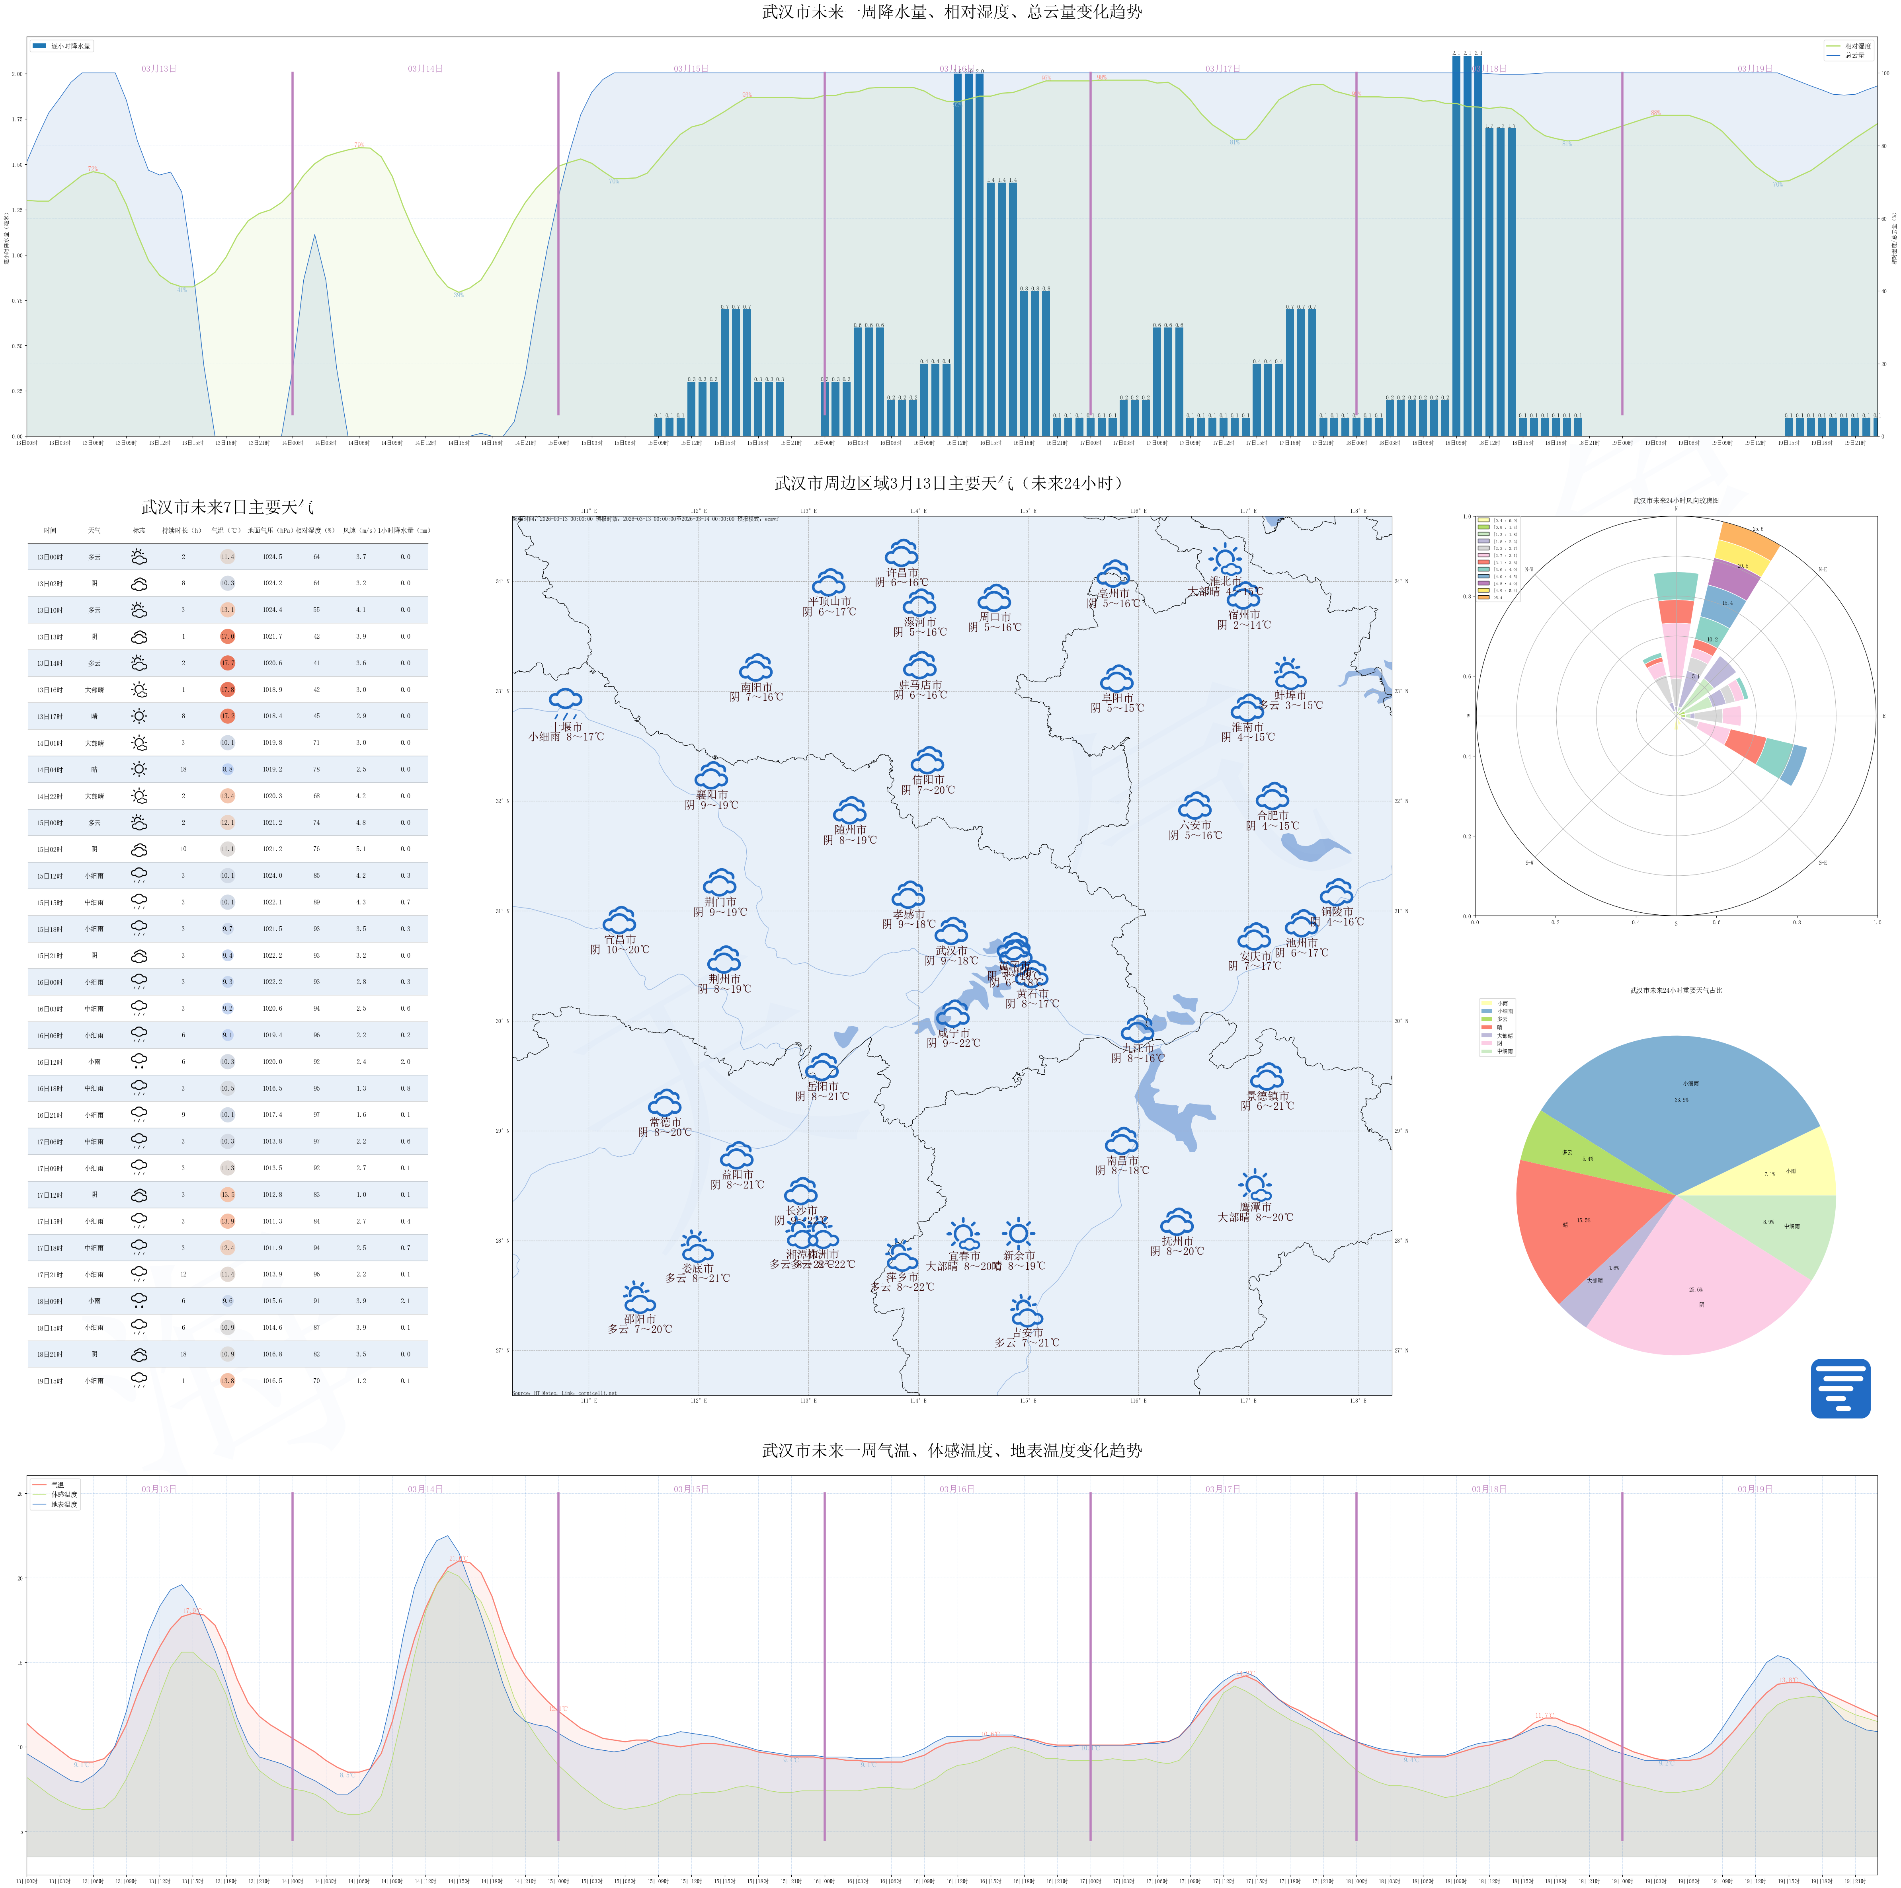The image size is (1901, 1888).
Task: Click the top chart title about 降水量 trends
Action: pyautogui.click(x=950, y=12)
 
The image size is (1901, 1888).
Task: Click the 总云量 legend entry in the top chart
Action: pyautogui.click(x=1854, y=56)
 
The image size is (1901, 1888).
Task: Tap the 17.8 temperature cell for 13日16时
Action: pyautogui.click(x=227, y=690)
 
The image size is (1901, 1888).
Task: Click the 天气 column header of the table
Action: pyautogui.click(x=94, y=530)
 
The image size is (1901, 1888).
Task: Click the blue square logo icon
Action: pyautogui.click(x=1840, y=1388)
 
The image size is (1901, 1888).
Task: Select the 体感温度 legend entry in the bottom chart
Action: pyautogui.click(x=64, y=1494)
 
